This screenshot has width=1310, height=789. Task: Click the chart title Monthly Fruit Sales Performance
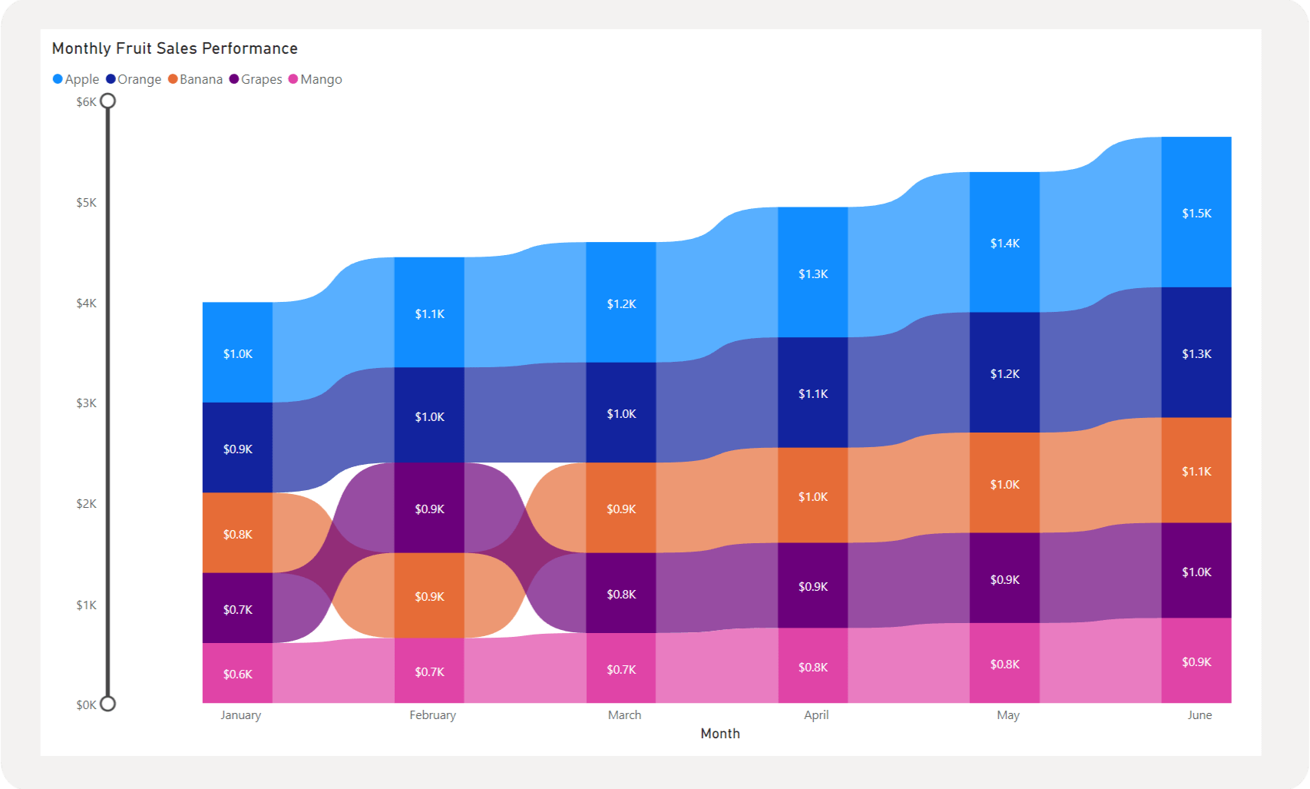(x=174, y=48)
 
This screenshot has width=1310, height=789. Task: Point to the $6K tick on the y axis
(x=86, y=101)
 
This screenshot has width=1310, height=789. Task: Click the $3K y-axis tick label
(x=86, y=403)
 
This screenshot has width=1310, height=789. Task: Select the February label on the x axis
(x=432, y=715)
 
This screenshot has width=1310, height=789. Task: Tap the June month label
(x=1199, y=715)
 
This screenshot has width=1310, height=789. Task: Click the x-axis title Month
(x=720, y=734)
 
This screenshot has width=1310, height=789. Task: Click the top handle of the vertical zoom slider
(x=108, y=101)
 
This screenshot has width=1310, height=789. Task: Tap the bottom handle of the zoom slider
(x=108, y=704)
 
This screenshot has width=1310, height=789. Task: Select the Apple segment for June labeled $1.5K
(x=1196, y=213)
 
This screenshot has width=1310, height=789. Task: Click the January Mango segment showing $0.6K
(x=237, y=674)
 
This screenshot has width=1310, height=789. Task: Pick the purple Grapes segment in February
(x=429, y=509)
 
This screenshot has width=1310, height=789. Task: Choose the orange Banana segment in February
(x=429, y=596)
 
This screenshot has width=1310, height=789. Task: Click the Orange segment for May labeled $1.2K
(x=1004, y=373)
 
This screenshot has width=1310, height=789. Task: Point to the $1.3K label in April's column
(x=813, y=273)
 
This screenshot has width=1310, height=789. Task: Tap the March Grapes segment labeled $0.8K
(x=621, y=594)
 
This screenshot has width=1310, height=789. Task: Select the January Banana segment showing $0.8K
(x=237, y=534)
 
